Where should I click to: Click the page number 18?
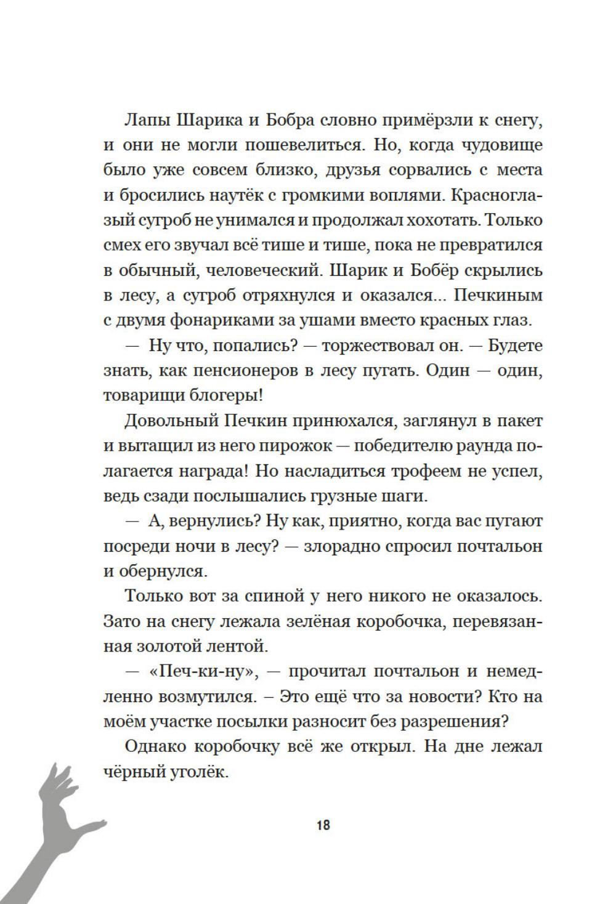323,825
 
